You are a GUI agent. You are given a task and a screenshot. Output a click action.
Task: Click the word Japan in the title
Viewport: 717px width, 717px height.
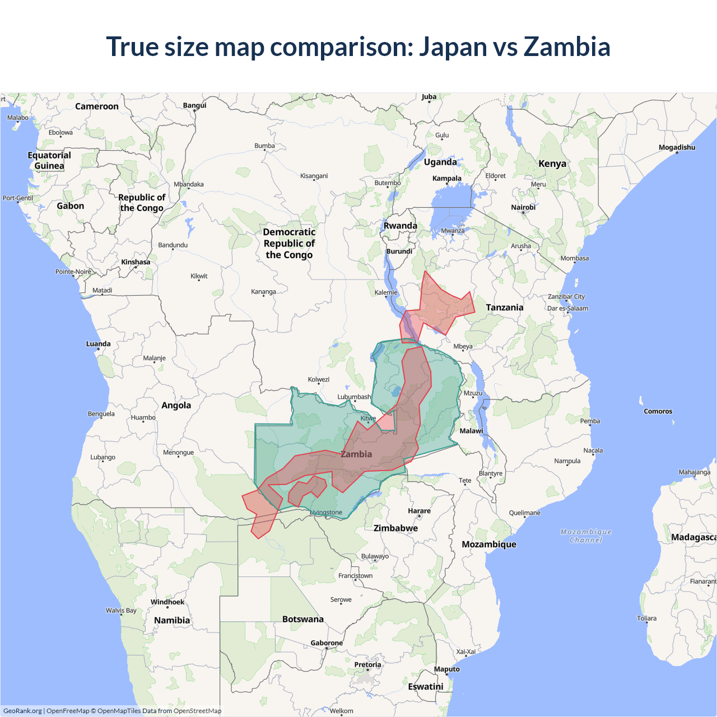pos(453,46)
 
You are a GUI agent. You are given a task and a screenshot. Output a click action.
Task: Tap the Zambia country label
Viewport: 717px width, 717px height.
pos(356,454)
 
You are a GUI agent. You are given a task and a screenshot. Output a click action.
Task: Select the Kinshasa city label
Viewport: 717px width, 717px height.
pos(136,262)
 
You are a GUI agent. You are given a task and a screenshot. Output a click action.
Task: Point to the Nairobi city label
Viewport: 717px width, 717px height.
pos(523,207)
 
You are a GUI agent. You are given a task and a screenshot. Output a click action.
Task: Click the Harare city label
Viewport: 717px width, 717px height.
pos(419,511)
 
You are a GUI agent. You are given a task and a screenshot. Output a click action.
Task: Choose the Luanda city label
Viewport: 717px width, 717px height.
pos(98,344)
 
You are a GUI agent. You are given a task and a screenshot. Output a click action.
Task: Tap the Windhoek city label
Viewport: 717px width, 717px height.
pos(167,602)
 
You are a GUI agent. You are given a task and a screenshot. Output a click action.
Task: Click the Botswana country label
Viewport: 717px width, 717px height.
pos(303,619)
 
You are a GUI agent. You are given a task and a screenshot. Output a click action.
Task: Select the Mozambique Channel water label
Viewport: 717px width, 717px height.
pos(586,536)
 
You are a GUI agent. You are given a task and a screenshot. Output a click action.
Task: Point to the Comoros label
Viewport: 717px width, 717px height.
pos(658,411)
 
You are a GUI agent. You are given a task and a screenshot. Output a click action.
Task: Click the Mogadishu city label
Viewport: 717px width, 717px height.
pos(677,147)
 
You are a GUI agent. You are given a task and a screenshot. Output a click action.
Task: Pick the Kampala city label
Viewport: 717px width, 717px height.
pos(447,179)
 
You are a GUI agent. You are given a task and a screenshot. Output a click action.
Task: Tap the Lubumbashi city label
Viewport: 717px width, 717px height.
pos(354,397)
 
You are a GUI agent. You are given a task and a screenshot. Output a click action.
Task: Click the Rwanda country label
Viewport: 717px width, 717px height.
pos(400,226)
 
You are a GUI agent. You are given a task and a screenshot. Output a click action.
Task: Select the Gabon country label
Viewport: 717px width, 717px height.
pos(71,206)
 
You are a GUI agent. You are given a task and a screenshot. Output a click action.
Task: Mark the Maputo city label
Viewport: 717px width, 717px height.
pos(446,669)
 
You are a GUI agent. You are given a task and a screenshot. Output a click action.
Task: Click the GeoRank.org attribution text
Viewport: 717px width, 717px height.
pos(22,711)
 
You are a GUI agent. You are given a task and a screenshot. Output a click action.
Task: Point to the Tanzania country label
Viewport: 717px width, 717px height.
pos(505,308)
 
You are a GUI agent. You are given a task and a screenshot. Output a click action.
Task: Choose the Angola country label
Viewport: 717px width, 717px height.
pos(176,406)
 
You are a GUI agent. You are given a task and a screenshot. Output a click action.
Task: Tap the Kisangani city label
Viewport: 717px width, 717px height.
pos(314,176)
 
